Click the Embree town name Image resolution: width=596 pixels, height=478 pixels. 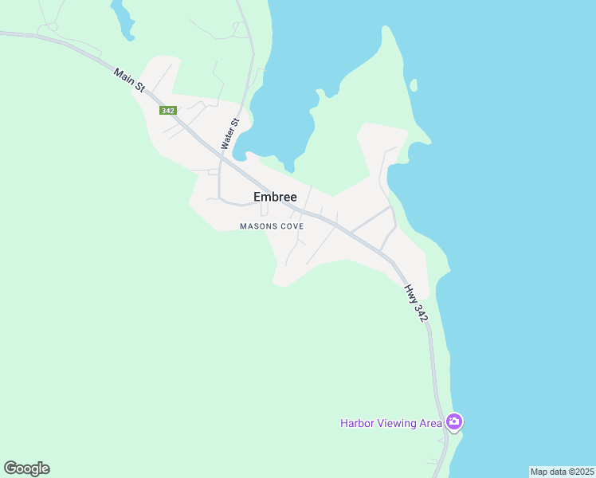tap(275, 197)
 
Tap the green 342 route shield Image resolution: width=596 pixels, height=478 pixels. tap(167, 111)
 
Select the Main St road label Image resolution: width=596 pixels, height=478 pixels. tap(128, 80)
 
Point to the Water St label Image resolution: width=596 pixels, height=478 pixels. tap(229, 134)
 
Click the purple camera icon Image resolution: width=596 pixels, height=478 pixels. tap(454, 421)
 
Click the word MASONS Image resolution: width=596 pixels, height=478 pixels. tap(257, 226)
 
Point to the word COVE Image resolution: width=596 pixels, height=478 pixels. tap(290, 226)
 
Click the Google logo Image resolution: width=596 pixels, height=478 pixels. tap(26, 468)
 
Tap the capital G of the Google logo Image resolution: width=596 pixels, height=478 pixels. tap(10, 468)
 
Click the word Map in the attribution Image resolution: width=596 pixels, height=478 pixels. tap(539, 472)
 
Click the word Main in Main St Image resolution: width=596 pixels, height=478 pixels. tap(123, 75)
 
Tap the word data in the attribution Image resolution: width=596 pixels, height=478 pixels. tap(558, 472)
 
